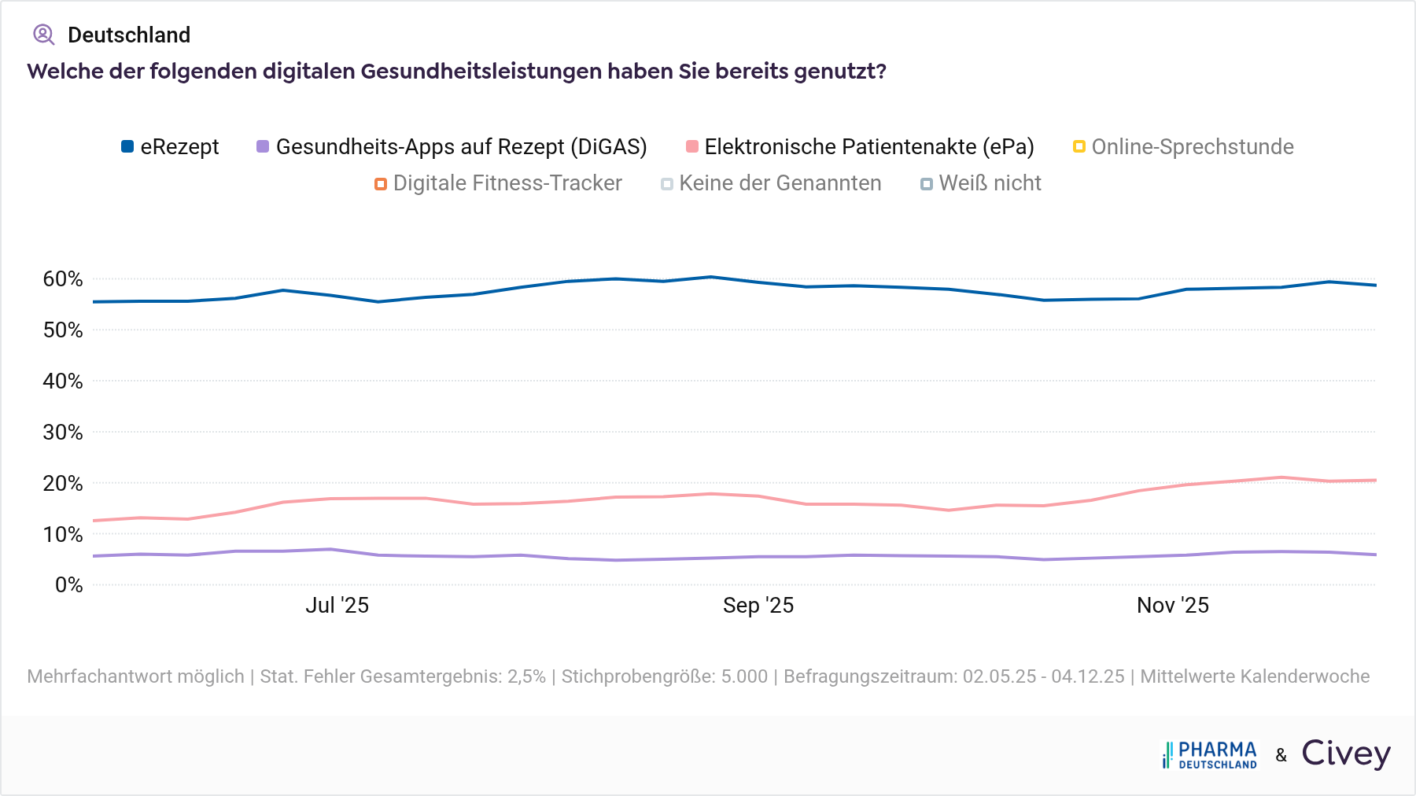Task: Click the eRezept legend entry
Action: (170, 147)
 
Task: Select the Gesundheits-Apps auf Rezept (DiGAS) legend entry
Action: (452, 147)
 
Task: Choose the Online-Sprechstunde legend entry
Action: (1183, 147)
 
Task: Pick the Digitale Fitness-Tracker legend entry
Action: (498, 183)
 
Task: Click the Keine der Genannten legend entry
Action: (771, 183)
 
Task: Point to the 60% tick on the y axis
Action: (63, 279)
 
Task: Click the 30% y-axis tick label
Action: (63, 432)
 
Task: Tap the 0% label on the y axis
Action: (68, 585)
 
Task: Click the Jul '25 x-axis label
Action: (337, 605)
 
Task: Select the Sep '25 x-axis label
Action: (758, 605)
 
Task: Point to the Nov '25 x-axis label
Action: (1172, 605)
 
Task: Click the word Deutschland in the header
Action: (129, 35)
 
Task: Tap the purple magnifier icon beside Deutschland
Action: (43, 35)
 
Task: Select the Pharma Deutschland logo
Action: (1209, 754)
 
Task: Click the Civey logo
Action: (1346, 754)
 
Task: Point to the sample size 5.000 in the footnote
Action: (743, 676)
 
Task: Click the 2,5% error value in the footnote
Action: (526, 676)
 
